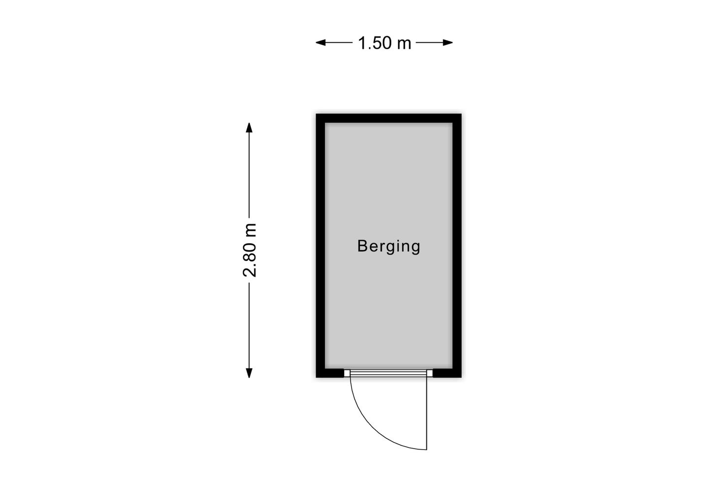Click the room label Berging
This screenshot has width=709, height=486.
[x=388, y=247]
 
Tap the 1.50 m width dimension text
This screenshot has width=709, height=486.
[x=384, y=43]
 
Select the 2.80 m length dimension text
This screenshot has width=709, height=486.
[x=250, y=250]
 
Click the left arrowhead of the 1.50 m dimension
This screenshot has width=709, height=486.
[x=321, y=43]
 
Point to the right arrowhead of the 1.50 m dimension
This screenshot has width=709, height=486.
[x=448, y=43]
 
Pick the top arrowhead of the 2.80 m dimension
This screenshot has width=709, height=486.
[x=249, y=128]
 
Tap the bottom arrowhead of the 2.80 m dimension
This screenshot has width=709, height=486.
[x=249, y=373]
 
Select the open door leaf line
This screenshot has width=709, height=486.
[x=427, y=414]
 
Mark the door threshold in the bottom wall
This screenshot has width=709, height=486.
[x=388, y=373]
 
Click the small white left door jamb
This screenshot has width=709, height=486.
[x=347, y=373]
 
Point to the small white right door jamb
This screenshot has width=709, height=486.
[x=429, y=373]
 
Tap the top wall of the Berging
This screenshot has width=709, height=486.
[x=388, y=118]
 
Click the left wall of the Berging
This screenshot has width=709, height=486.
[x=321, y=246]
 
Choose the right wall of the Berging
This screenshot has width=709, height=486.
[x=457, y=246]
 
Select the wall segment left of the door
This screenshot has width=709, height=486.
[x=330, y=373]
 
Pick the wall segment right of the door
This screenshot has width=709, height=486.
[x=447, y=373]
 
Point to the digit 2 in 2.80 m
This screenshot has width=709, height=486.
[x=250, y=272]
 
